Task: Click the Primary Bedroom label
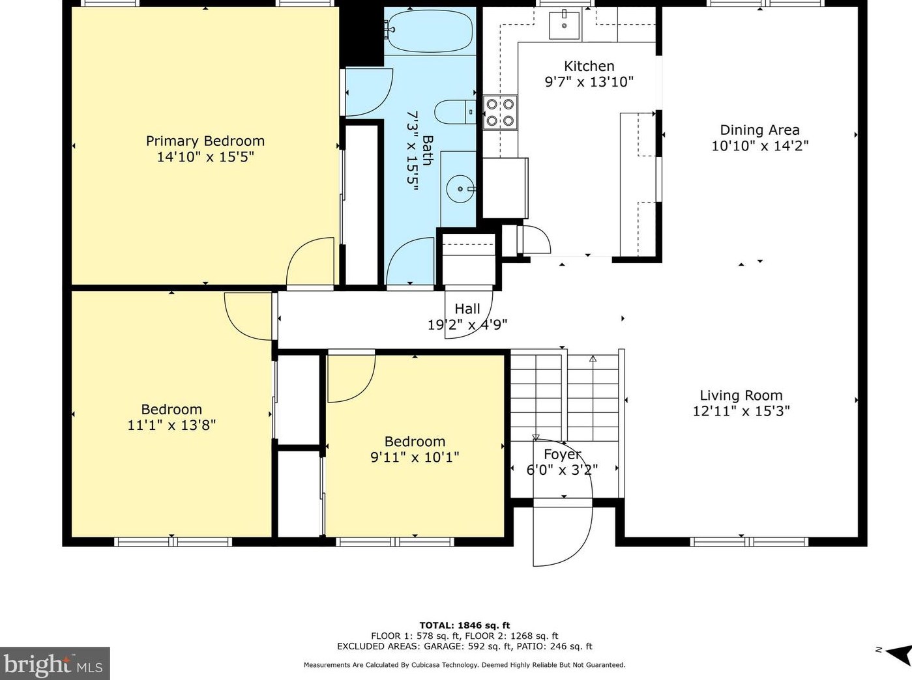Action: [x=205, y=141]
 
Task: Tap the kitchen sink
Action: [x=565, y=25]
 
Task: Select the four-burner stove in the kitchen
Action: [x=500, y=113]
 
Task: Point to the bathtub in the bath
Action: [x=430, y=31]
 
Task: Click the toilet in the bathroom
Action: [x=456, y=111]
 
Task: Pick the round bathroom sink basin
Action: [x=460, y=189]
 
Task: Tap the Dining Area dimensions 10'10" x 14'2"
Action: [x=760, y=146]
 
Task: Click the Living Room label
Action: [x=741, y=395]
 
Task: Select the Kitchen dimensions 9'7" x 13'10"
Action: [x=589, y=82]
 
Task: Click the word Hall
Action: [x=467, y=309]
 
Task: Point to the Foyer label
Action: [x=563, y=454]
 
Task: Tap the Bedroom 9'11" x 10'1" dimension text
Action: [x=415, y=457]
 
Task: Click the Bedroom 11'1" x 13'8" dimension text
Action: [x=171, y=425]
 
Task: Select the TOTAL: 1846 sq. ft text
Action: [x=465, y=625]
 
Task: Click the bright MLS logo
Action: [x=54, y=664]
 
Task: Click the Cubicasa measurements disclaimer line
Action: [x=465, y=664]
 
